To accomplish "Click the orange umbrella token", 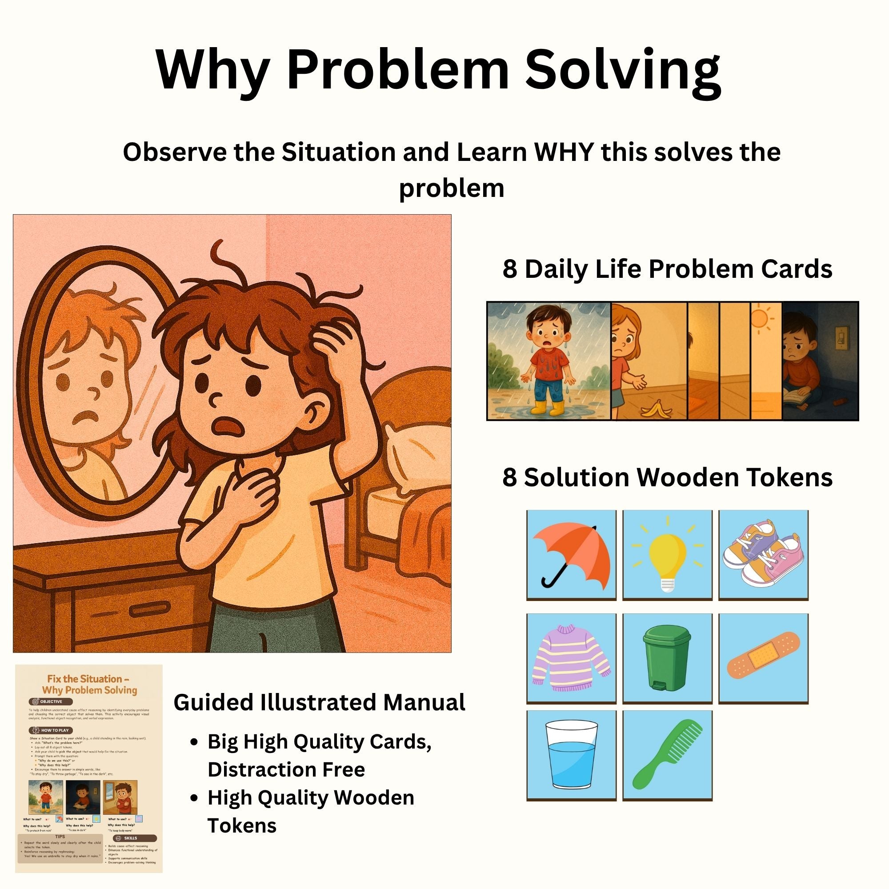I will tap(571, 555).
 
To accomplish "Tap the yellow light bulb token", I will tap(667, 555).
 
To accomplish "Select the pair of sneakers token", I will tap(763, 555).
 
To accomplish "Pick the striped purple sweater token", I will tap(571, 659).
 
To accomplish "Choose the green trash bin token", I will tap(667, 659).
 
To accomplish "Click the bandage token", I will tap(763, 659).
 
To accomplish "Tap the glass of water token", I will tap(571, 756).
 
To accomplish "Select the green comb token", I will tap(667, 756).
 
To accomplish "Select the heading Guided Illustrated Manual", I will tap(319, 703).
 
